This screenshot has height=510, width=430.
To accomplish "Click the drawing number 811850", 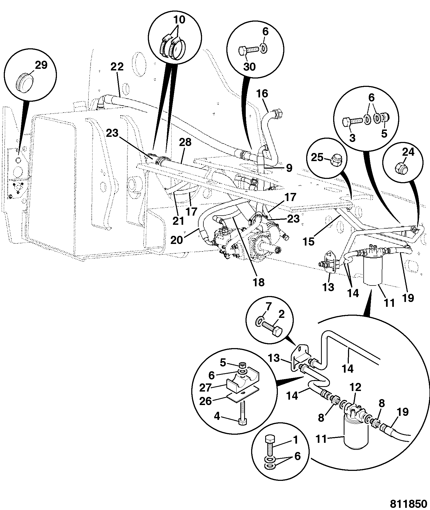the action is point(408,504).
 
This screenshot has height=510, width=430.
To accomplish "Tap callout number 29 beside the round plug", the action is point(41,65).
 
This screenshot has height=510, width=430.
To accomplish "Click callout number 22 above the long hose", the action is point(117,67).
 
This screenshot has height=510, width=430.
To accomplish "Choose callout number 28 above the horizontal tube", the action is point(185,142).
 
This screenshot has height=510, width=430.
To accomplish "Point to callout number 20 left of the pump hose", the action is point(177,240).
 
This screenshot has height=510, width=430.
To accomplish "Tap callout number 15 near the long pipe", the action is point(309,242).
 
